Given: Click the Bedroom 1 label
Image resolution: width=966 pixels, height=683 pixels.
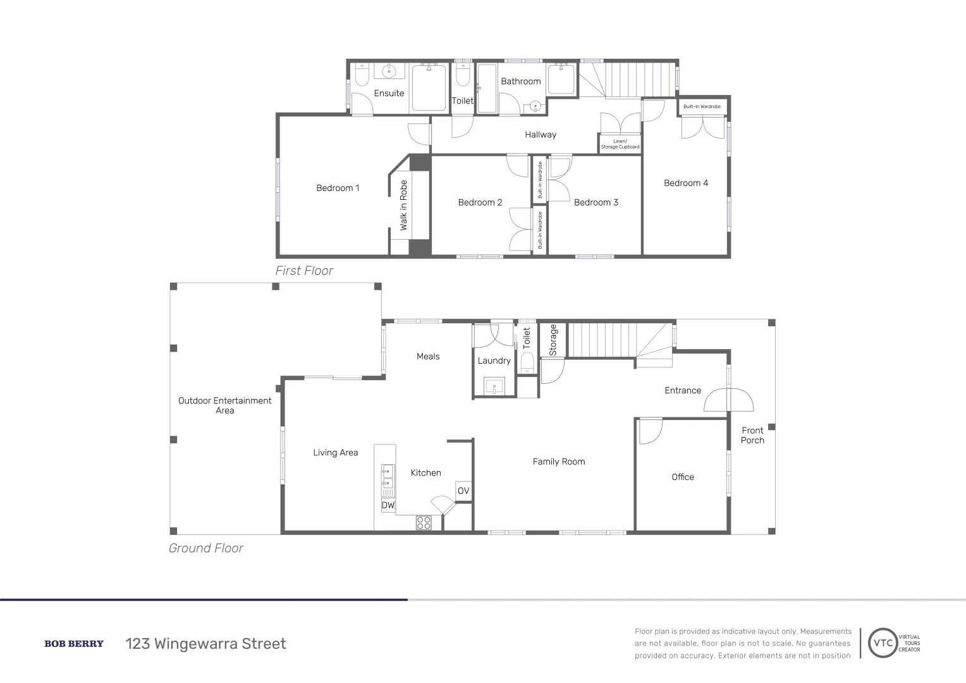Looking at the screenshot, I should pos(338,188).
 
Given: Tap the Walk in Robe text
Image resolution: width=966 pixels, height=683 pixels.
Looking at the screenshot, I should pos(403,206).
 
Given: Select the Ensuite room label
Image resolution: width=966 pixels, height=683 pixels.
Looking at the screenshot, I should pos(389,94).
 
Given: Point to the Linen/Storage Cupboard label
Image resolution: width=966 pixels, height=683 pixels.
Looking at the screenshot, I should pos(620,144).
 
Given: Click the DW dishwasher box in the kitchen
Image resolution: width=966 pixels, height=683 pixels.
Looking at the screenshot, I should pos(388,505).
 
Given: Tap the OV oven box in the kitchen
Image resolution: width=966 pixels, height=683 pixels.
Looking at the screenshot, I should pos(463,491).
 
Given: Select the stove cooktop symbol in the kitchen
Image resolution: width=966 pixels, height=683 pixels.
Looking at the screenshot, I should pos(424,522).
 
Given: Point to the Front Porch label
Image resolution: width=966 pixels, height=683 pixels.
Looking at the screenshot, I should pos(752,435).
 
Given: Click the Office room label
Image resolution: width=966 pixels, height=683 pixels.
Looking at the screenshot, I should pos(682,477).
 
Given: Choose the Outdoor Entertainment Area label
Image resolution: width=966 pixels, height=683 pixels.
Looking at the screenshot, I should pos(224,405).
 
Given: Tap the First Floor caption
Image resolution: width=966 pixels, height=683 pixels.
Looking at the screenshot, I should pos(304,271).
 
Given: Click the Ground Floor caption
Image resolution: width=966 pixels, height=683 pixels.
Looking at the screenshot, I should pos(205,548).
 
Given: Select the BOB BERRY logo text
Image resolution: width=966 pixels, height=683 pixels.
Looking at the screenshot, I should pos(74,644).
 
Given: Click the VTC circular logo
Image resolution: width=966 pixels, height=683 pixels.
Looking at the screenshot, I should pos(883,644).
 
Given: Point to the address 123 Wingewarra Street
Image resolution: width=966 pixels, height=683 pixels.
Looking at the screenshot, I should pos(205,644).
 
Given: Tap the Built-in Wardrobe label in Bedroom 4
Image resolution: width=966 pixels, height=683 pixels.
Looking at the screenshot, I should pos(702,106).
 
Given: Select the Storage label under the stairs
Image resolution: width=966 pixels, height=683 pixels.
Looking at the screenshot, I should pos(553,340).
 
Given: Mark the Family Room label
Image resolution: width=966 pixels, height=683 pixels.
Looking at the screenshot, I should pos(559,462).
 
